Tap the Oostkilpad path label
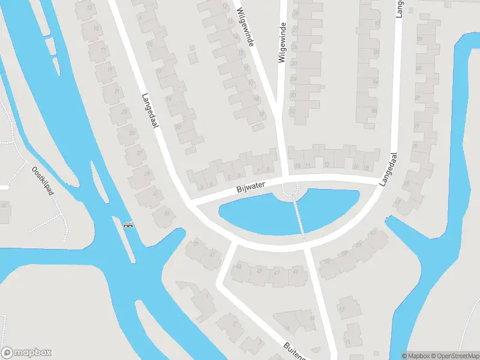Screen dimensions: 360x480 [43, 181]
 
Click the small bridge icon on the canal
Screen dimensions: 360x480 [128, 226]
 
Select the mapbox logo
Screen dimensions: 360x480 [26, 353]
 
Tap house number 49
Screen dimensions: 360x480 [294, 271]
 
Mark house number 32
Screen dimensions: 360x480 [4, 205]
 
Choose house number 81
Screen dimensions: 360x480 [418, 97]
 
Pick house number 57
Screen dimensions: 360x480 [358, 244]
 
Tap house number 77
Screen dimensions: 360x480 [417, 127]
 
